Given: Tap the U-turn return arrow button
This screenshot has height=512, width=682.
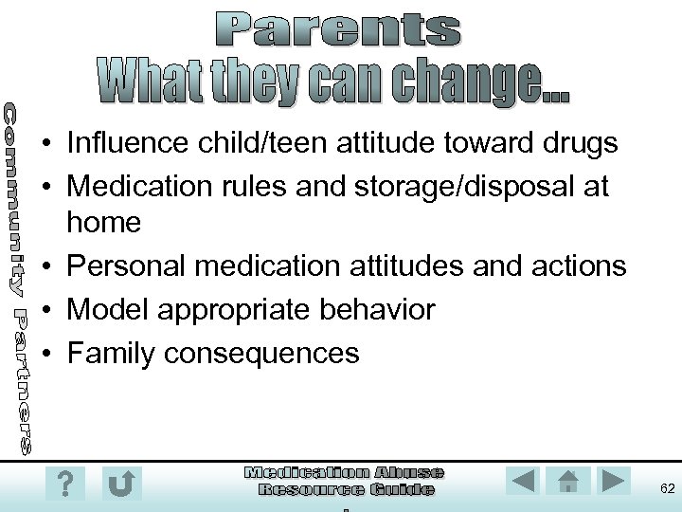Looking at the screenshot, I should (x=121, y=483).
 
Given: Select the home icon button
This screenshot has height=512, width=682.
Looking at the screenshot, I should (x=568, y=481).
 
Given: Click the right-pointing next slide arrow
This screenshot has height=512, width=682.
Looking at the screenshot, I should (x=615, y=481).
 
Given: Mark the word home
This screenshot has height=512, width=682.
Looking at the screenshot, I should (x=103, y=224).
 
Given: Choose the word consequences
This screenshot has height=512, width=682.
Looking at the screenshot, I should (x=261, y=353).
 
